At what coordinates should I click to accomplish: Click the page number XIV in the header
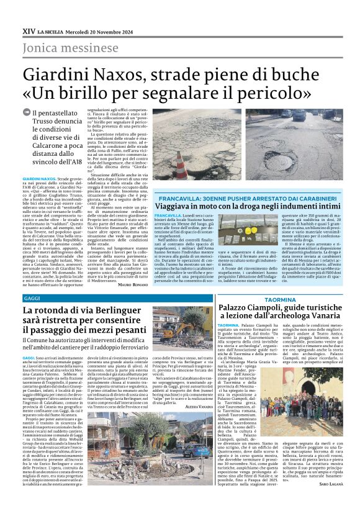click(x=28, y=30)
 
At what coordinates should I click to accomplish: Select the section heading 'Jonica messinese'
click(x=62, y=48)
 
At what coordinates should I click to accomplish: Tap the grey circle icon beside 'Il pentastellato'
click(x=26, y=112)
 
